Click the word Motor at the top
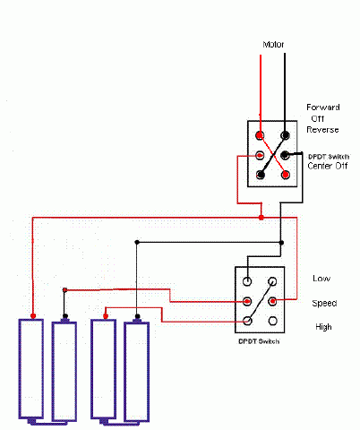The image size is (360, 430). pos(273,45)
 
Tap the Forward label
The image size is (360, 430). pos(323,107)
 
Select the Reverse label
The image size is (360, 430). pos(322,130)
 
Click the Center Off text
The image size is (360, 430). pos(328,166)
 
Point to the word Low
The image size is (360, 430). pos(321,279)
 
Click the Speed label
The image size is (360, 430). pos(324,304)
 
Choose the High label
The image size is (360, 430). pos(323,327)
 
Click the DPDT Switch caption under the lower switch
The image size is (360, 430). pos(259,341)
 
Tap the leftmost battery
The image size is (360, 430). pos(31,369)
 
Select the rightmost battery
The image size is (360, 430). pos(136,372)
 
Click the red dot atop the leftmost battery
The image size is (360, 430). pos(33,316)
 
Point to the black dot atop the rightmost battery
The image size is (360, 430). pos(137,316)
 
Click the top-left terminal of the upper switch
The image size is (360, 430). pos(260,135)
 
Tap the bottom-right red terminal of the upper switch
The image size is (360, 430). pos(286,175)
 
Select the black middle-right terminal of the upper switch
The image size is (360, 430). pos(286,155)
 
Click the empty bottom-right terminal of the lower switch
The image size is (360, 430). pos(272,321)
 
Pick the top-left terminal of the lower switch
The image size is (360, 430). pos(247,281)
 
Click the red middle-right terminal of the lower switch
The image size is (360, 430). pos(272,301)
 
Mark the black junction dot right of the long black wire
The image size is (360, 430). pos(281,243)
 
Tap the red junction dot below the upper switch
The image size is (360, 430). pos(261,218)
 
